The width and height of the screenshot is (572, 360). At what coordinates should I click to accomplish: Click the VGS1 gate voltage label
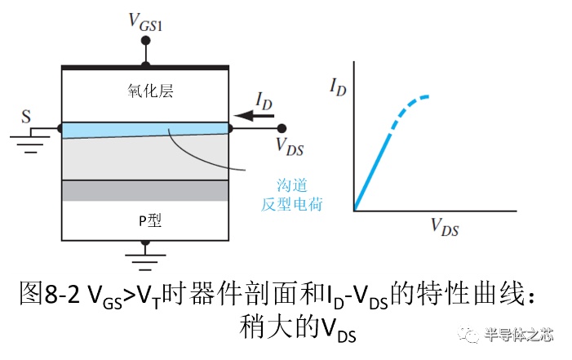point(145,23)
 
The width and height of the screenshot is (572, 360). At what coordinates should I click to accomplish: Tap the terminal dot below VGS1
point(145,40)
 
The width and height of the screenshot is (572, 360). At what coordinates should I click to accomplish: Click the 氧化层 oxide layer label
point(150,91)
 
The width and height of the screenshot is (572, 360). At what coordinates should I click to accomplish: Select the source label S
point(26,117)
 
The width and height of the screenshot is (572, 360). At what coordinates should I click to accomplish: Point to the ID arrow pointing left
point(254,116)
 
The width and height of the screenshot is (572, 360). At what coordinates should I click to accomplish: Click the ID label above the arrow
point(264,100)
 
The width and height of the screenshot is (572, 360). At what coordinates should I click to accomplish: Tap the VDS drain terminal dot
point(282,128)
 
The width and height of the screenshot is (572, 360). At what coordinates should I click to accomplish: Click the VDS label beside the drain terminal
point(290,147)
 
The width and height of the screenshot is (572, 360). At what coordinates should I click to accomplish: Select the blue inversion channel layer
point(145,131)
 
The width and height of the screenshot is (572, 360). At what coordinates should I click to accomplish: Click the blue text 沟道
point(292,185)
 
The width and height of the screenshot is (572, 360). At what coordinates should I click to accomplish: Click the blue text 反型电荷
point(292,204)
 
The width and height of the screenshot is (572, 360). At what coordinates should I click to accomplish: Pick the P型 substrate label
point(150,220)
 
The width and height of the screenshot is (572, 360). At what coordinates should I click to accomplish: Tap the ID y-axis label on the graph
point(338,87)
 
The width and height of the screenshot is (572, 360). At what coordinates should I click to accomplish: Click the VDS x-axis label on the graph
point(445,227)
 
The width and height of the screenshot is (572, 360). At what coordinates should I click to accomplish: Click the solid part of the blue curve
point(372,173)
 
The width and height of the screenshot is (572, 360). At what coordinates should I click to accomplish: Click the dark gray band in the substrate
point(145,190)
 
